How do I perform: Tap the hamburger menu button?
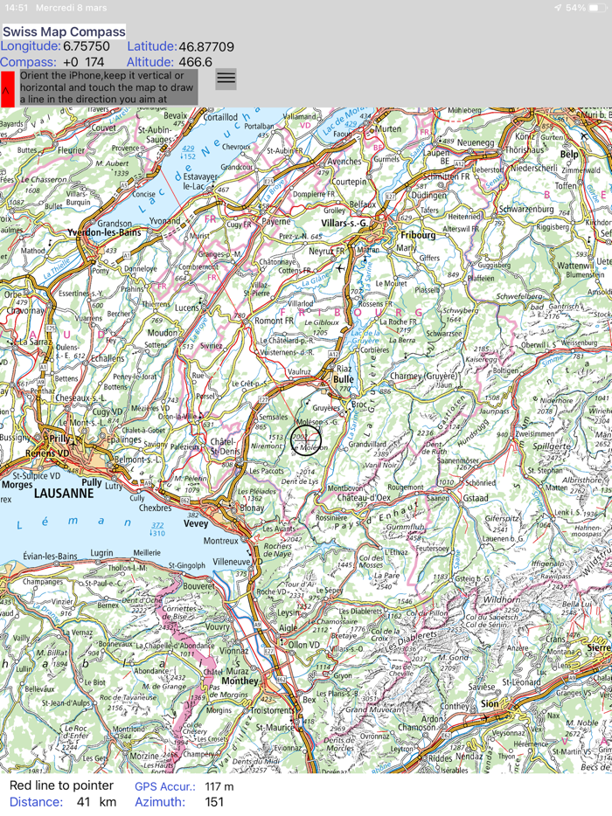(226, 79)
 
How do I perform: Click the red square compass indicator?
(7, 89)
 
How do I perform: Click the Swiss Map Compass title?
(64, 31)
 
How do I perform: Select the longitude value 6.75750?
(87, 46)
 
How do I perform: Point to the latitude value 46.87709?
(206, 46)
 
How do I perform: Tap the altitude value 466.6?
(195, 62)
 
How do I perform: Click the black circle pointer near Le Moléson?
(306, 440)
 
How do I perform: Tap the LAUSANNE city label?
(64, 494)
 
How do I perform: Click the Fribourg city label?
(417, 235)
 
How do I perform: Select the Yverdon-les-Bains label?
(105, 233)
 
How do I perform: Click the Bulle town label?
(343, 380)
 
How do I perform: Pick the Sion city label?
(490, 703)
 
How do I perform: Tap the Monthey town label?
(240, 681)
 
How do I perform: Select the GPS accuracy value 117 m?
(219, 786)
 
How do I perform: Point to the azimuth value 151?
(214, 802)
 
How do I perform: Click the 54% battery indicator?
(581, 8)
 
